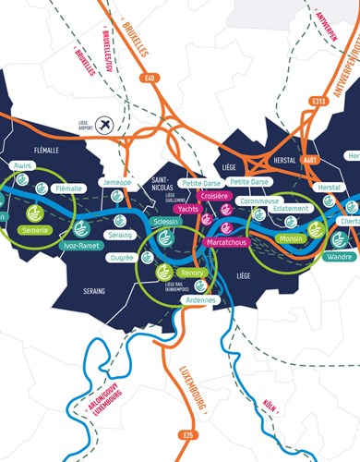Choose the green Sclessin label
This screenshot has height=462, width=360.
[166, 223]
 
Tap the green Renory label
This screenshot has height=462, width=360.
[193, 274]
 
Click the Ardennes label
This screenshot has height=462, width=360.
[200, 299]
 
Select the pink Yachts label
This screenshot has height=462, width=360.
[188, 209]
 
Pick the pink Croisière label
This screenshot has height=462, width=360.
[214, 197]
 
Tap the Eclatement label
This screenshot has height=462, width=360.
[290, 209]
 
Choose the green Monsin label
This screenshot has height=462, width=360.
[292, 238]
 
